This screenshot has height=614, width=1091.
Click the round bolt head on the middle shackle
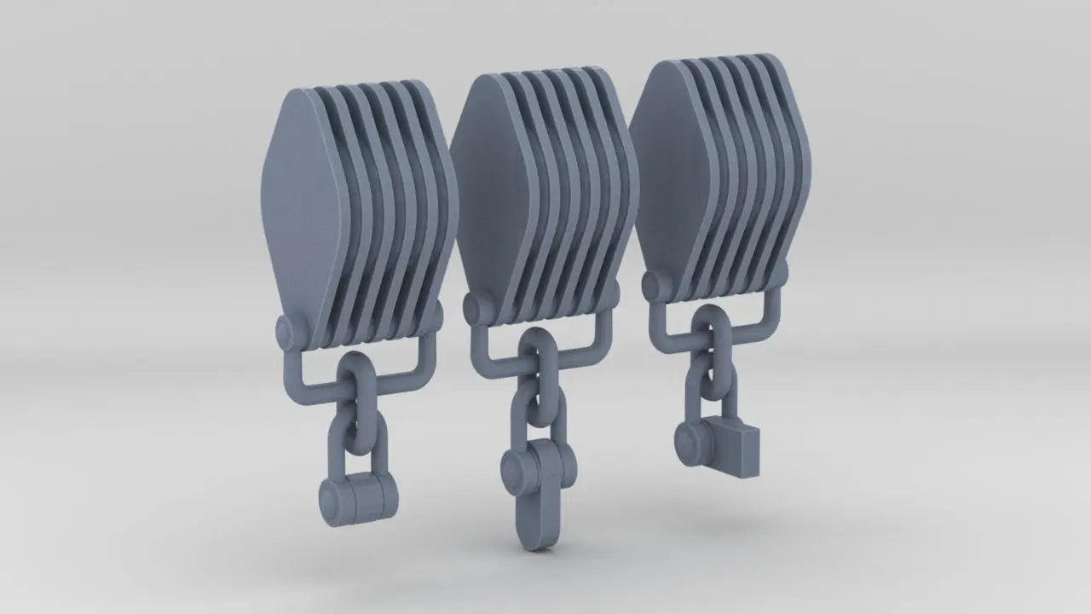click(x=517, y=468)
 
